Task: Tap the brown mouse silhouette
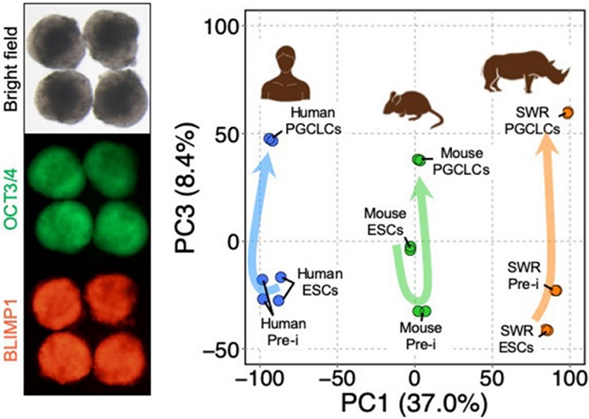pyautogui.click(x=413, y=109)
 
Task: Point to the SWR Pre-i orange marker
pyautogui.click(x=556, y=290)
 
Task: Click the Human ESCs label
pyautogui.click(x=318, y=282)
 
